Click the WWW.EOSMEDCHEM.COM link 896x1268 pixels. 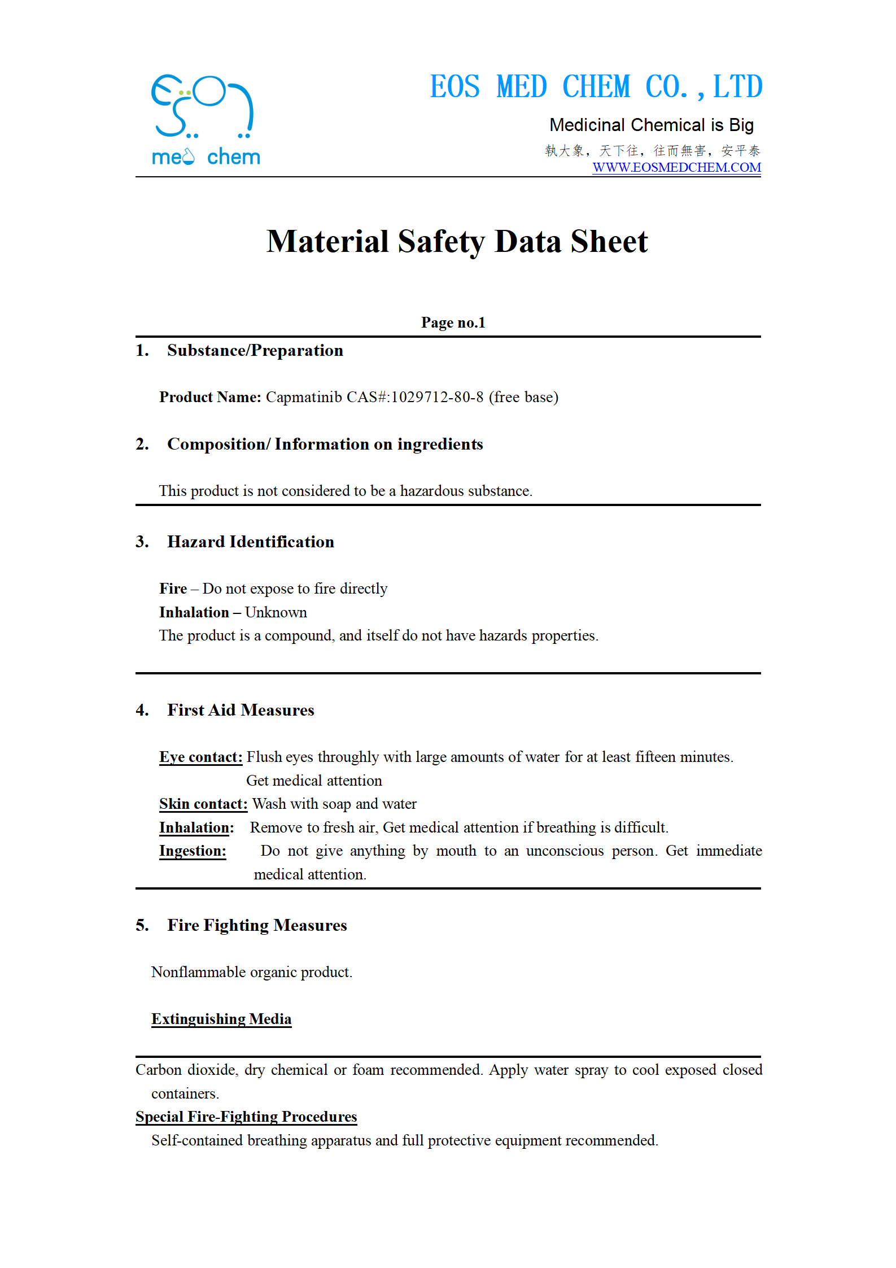point(676,168)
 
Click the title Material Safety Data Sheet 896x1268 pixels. point(457,242)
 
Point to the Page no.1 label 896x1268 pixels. point(453,323)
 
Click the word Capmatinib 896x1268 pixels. point(304,398)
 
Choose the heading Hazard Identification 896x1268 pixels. point(251,542)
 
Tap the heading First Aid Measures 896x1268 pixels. point(241,711)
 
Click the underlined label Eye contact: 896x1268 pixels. point(200,757)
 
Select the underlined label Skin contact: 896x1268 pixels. point(203,804)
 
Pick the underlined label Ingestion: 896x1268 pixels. point(193,851)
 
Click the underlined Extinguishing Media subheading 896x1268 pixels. point(221,1019)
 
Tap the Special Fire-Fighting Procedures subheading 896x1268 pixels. point(246,1117)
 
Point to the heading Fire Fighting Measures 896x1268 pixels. point(257,926)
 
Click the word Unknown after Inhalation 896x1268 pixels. point(276,613)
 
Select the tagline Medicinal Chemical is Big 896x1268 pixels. point(652,125)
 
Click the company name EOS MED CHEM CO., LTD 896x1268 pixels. point(596,87)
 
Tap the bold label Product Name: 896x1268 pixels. point(210,398)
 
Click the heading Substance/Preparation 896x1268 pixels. point(255,351)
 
